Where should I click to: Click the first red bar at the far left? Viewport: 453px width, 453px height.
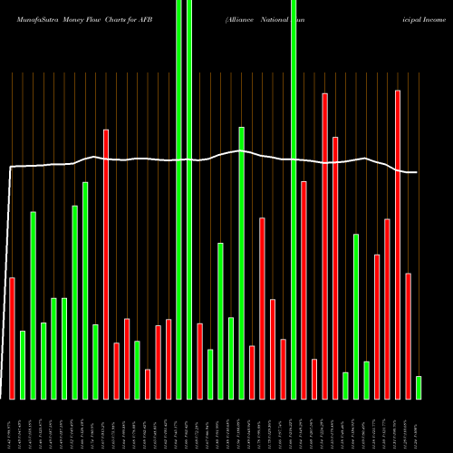[x=12, y=338]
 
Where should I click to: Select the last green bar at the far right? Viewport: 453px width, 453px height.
[x=419, y=388]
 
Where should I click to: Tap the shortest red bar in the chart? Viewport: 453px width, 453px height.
[x=148, y=384]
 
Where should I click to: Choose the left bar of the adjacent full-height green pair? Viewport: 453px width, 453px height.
[x=178, y=199]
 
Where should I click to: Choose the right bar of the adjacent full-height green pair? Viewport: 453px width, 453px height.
[x=189, y=199]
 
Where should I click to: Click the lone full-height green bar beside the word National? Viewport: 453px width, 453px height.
[x=294, y=199]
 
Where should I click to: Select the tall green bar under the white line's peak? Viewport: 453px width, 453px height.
[x=241, y=263]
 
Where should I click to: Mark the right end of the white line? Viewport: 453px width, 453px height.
[x=417, y=172]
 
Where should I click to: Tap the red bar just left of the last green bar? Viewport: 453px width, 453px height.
[x=408, y=335]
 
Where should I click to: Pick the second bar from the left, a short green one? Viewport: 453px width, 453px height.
[x=23, y=365]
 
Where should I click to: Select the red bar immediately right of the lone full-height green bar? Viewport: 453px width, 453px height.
[x=304, y=290]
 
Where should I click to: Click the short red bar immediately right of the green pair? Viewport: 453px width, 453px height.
[x=199, y=361]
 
